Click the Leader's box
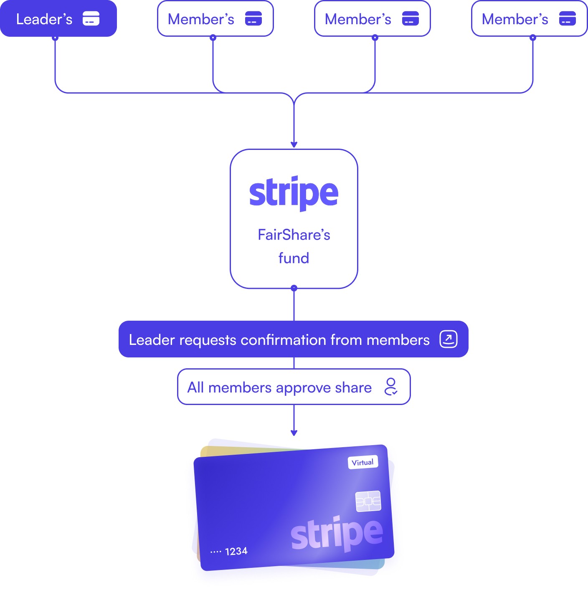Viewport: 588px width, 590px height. tap(58, 18)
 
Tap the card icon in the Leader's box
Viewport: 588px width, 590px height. tap(91, 19)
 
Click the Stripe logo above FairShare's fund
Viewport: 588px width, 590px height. tap(294, 192)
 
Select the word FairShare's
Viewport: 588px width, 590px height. tap(294, 235)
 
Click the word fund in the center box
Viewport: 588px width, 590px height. tap(294, 258)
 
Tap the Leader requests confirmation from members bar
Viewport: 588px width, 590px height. tap(293, 339)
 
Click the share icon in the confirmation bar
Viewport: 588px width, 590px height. tap(449, 339)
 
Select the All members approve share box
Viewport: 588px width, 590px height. tap(294, 387)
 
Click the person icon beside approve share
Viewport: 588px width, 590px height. tap(391, 387)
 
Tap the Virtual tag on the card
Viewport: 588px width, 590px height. tap(362, 462)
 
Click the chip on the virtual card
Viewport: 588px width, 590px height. tap(368, 501)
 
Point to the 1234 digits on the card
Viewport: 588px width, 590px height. tap(236, 551)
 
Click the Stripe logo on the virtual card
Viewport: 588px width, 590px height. tap(337, 534)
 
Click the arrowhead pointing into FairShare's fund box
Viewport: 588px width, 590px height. tap(294, 144)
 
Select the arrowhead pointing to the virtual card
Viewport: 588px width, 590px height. tap(294, 433)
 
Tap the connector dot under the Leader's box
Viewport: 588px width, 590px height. tap(55, 38)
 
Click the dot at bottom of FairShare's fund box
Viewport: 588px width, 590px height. tap(294, 288)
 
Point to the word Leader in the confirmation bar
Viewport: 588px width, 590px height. tap(152, 340)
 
